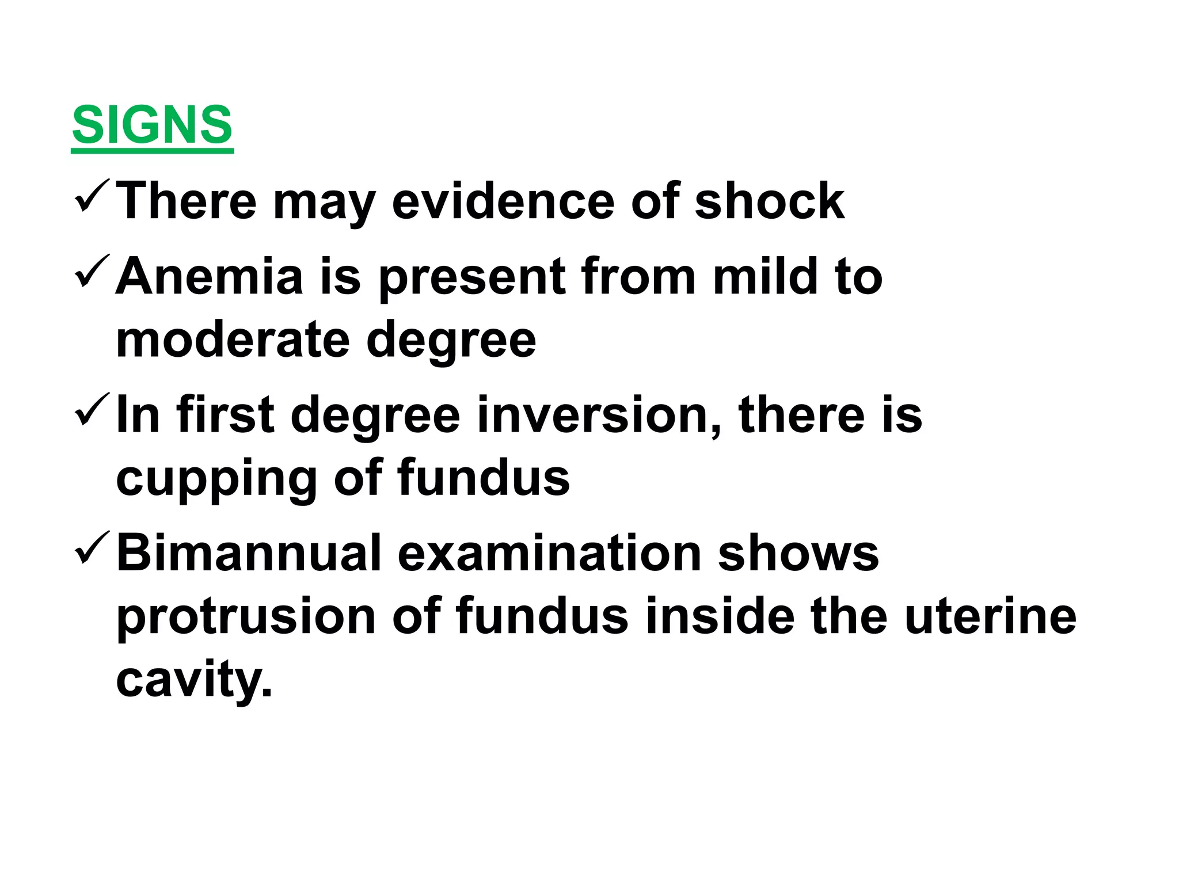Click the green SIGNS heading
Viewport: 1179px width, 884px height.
point(152,125)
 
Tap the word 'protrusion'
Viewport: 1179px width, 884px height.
point(246,617)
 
